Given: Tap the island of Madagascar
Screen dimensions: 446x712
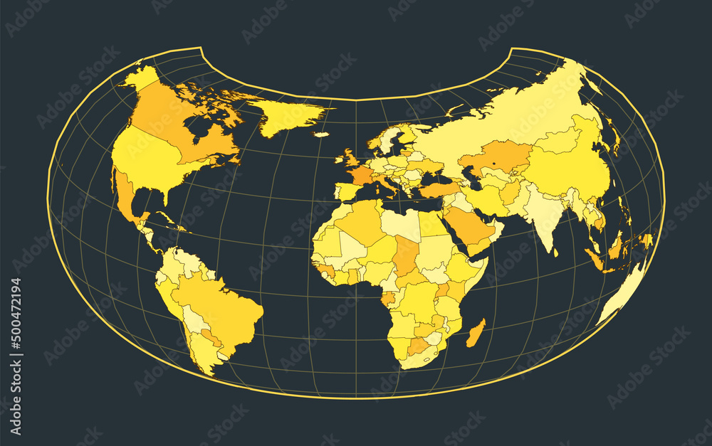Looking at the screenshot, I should pyautogui.click(x=476, y=333).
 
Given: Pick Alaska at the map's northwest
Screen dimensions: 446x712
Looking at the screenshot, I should pyautogui.click(x=140, y=78).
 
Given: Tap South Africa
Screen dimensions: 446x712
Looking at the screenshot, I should pyautogui.click(x=420, y=356).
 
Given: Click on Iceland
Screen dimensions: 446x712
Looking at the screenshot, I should pyautogui.click(x=321, y=134).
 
